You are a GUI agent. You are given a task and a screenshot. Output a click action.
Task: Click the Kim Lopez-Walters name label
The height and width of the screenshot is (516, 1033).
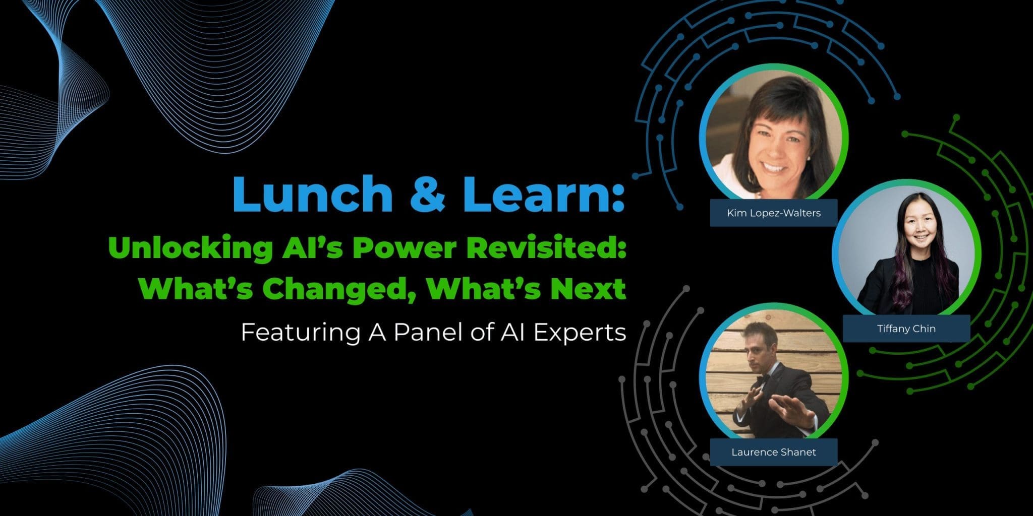point(773,213)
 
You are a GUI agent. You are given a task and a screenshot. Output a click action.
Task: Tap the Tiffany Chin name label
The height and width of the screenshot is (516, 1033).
point(906,329)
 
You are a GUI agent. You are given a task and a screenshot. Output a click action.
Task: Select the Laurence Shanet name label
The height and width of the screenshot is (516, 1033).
point(773,452)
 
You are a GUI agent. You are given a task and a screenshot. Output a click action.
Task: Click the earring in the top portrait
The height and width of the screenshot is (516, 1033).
point(808,158)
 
